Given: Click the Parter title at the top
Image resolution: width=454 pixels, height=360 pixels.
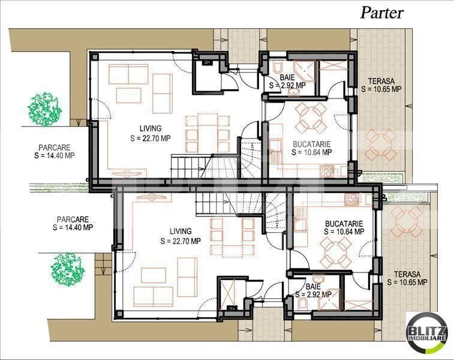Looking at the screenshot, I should [x=381, y=13].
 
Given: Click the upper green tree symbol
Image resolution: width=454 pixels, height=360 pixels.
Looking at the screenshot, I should [x=45, y=108].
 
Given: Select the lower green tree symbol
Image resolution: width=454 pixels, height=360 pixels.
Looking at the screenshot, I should [x=67, y=268].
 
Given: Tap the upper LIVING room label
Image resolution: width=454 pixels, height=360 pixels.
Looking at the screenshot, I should [x=151, y=133].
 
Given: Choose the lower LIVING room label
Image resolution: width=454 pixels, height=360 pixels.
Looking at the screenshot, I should [x=181, y=236].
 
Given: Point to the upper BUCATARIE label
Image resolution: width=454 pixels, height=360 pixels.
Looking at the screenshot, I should [x=312, y=148].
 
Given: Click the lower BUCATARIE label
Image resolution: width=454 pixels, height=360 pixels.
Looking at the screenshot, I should [x=344, y=226].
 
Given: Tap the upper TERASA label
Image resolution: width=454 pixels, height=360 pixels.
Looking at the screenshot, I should [x=381, y=85].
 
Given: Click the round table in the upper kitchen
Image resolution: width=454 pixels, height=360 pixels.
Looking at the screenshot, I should [x=312, y=116].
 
